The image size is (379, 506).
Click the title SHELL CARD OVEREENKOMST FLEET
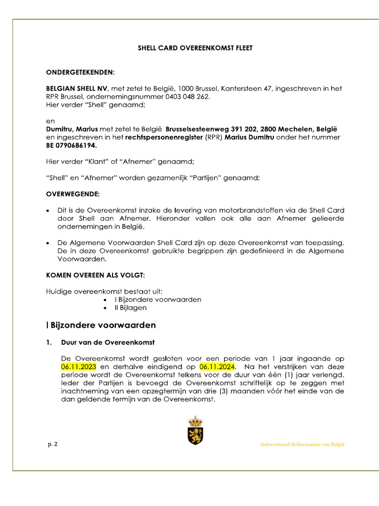(195, 48)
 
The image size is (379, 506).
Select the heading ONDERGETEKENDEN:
(80, 72)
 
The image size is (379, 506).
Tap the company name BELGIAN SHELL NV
(76, 88)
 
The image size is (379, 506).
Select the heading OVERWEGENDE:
(73, 194)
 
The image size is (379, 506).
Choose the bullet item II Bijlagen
(130, 307)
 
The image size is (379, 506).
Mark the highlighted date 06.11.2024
(218, 367)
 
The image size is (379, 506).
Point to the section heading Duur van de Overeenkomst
(108, 342)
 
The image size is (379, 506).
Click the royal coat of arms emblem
(195, 430)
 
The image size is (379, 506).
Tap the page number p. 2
(52, 444)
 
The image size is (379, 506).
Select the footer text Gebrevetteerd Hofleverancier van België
(302, 444)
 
